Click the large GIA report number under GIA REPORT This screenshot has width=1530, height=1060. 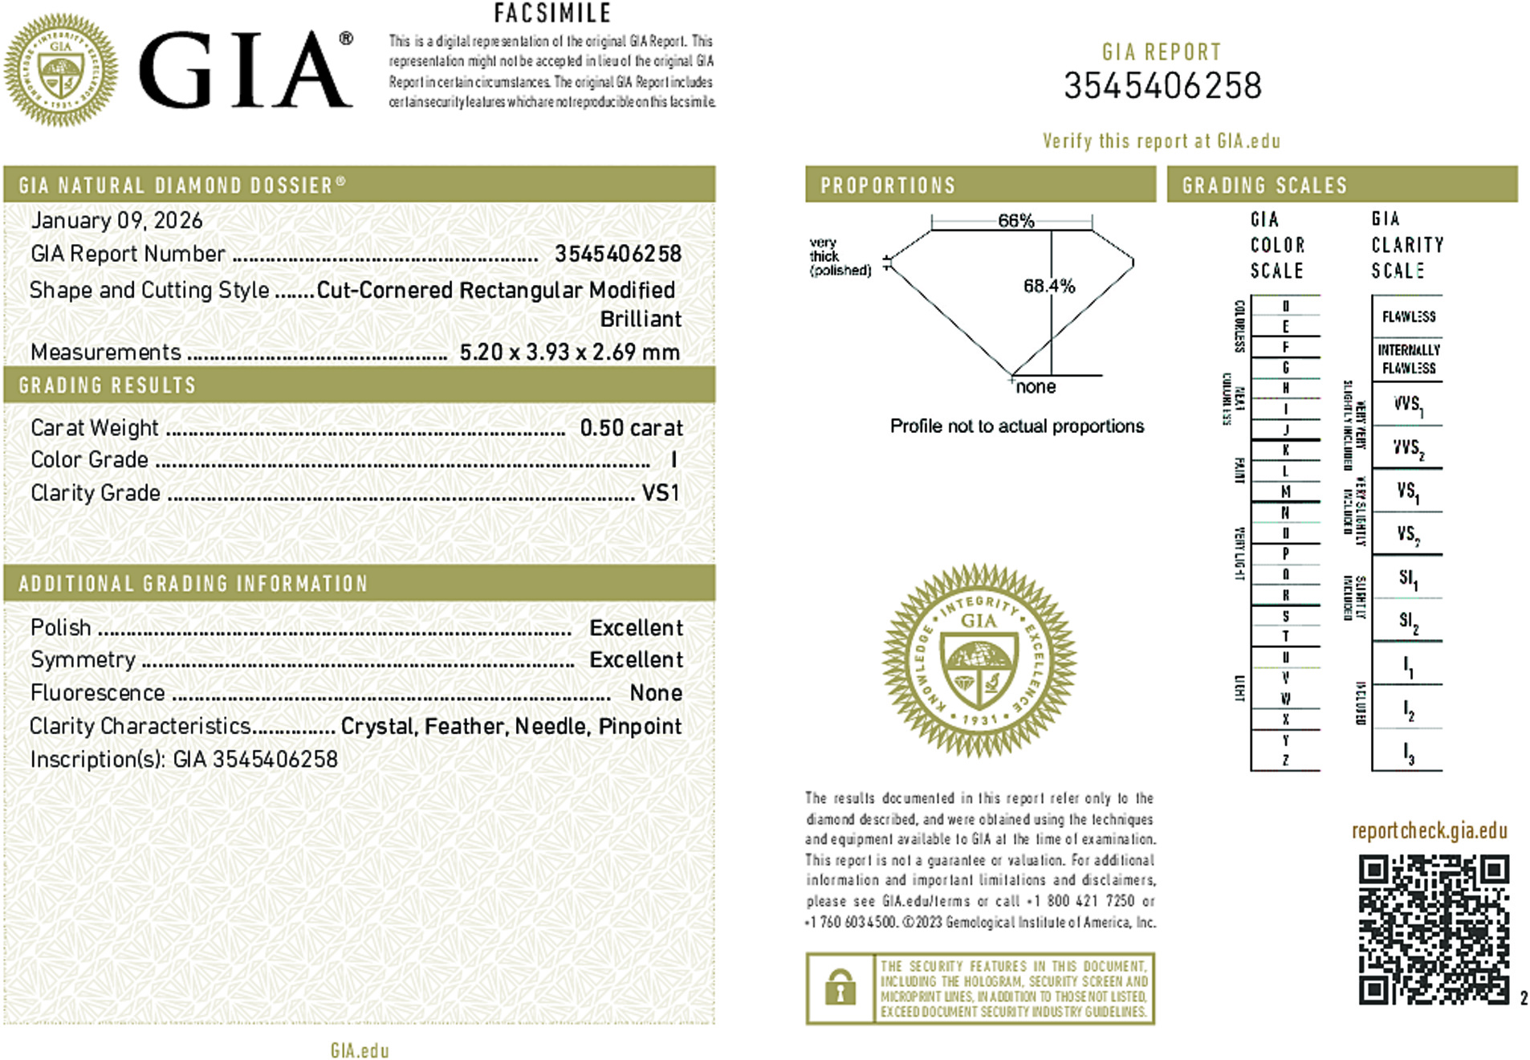pos(1162,86)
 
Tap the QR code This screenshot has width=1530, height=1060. pos(1434,929)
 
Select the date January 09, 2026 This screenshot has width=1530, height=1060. pos(116,221)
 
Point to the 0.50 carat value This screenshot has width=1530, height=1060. pos(631,428)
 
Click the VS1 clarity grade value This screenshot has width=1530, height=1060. pos(660,492)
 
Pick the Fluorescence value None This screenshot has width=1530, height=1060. pos(655,693)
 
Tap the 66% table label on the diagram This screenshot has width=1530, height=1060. pos(1015,221)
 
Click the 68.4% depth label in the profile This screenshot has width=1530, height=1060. pos(1048,286)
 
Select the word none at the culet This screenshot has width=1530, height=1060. pos(1036,387)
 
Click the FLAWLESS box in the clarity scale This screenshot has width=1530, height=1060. pos(1408,316)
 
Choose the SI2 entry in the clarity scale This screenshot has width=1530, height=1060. pos(1408,621)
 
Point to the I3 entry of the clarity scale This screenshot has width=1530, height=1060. pos(1408,752)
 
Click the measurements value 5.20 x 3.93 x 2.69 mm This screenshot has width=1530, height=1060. pos(569,353)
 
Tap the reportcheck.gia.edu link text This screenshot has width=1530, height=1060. pos(1429,830)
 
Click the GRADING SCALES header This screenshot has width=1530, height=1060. pos(1264,185)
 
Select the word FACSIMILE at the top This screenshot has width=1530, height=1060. pos(552,14)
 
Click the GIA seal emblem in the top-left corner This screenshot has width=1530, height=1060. pos(61,70)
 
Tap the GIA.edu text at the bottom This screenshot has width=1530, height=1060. pos(359,1050)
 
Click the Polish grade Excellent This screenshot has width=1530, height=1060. pos(636,628)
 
